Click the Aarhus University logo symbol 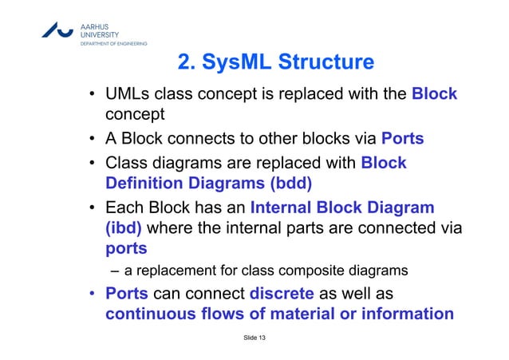click(x=59, y=29)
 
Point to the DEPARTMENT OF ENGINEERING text click(x=112, y=43)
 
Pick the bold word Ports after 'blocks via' click(x=402, y=140)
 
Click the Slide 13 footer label click(x=254, y=341)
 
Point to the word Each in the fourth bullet click(x=125, y=208)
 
